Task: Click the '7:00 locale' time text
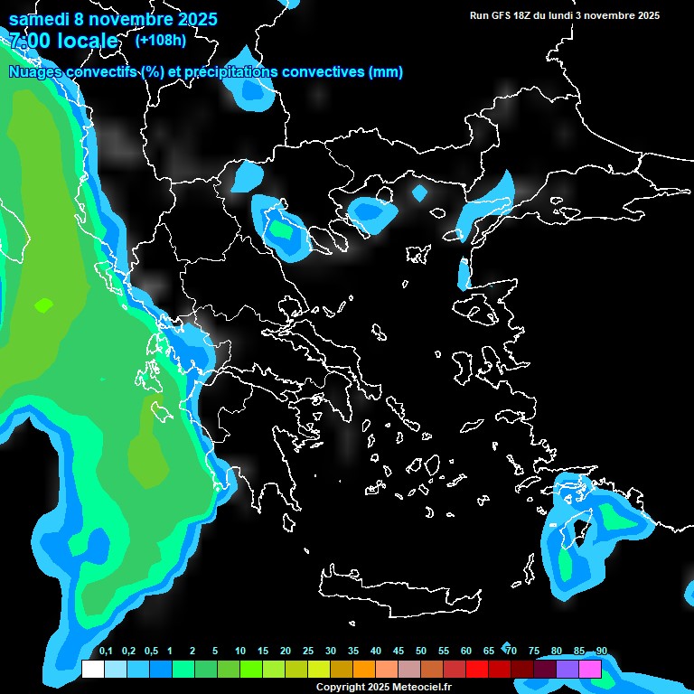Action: coord(63,41)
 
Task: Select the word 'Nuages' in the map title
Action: coord(36,72)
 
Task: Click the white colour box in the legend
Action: coord(92,669)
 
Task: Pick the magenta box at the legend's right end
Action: coord(589,669)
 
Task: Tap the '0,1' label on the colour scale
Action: coord(106,652)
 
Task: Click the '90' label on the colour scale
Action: coord(602,652)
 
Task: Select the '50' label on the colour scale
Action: coord(421,652)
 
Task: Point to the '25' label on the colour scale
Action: coord(308,652)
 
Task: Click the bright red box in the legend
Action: coord(476,669)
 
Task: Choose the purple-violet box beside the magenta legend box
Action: coord(567,669)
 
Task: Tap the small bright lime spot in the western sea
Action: coord(43,305)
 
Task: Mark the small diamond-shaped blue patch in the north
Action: coord(419,192)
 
